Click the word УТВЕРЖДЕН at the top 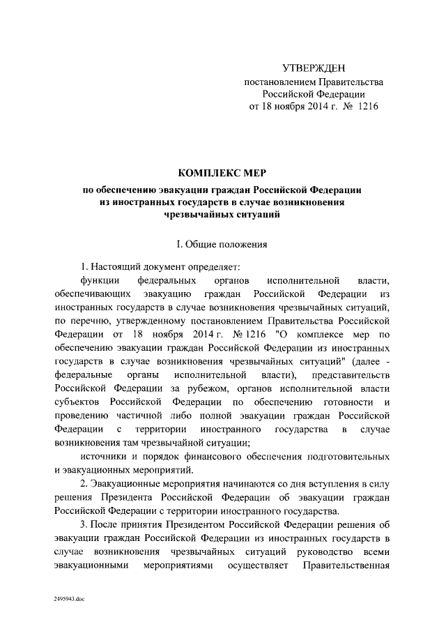point(313,68)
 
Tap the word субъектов point(79,402)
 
